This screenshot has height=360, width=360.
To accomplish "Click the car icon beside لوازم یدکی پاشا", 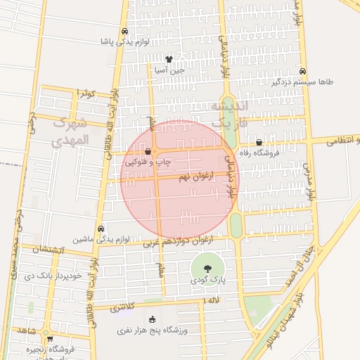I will click(x=124, y=32).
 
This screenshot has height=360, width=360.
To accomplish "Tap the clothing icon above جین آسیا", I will click(x=169, y=60).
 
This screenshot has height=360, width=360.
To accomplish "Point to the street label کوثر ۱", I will click(x=85, y=93).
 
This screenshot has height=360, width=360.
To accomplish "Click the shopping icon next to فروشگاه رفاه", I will click(x=259, y=142).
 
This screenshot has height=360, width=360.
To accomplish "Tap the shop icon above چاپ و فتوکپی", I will click(x=148, y=151).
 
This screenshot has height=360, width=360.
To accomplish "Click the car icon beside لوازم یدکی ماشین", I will click(x=101, y=229).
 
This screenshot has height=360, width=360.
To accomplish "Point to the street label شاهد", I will click(x=28, y=330).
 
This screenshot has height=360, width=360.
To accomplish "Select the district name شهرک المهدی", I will click(x=70, y=130).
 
